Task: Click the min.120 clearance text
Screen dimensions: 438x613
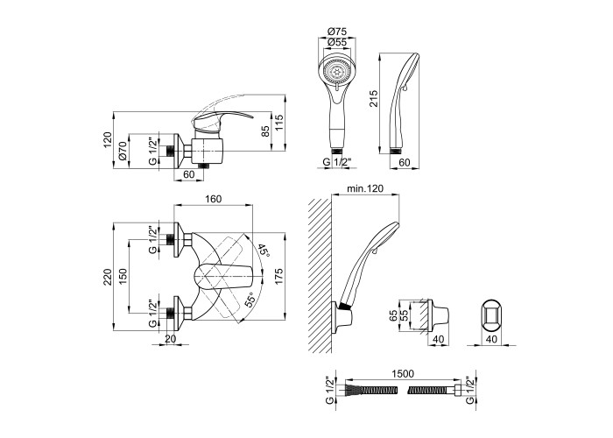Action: (366, 188)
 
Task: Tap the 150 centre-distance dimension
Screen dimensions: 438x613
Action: (124, 276)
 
